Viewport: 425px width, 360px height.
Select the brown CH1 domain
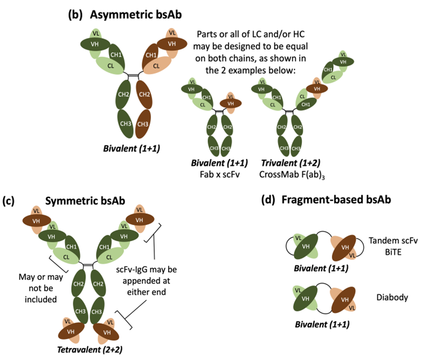(152, 56)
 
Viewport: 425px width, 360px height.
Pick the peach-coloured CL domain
(157, 67)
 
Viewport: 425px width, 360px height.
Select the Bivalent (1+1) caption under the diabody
(316, 325)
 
